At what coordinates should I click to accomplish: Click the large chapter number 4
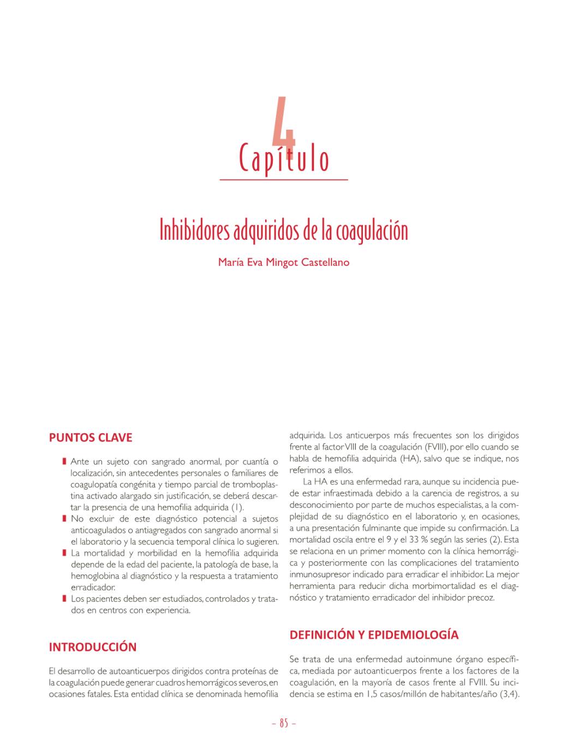pos(284,123)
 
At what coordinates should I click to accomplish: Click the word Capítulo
pos(284,159)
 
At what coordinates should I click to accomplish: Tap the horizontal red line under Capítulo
pos(284,179)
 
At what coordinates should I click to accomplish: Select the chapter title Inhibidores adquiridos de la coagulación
pos(284,231)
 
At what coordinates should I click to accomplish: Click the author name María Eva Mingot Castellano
pos(284,262)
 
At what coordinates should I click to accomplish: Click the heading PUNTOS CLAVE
pos(91,438)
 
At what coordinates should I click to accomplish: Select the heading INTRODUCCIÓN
pos(93,647)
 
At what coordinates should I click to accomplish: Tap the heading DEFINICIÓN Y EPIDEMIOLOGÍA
pos(374,635)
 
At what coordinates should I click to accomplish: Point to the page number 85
pos(284,723)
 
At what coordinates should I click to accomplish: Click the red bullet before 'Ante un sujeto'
pos(64,462)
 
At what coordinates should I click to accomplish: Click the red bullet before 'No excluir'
pos(64,519)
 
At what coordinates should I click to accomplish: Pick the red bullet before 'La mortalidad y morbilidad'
pos(64,553)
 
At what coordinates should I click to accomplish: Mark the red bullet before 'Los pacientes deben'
pos(64,599)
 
